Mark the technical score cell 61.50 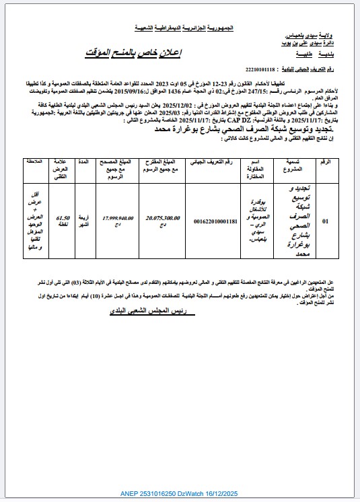(64, 220)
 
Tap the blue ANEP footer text (179, 494)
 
